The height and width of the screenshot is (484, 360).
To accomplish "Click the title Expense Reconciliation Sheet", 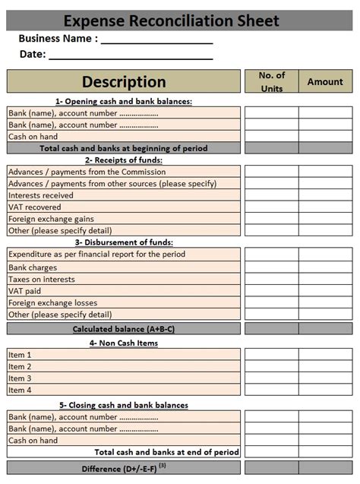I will tap(171, 21).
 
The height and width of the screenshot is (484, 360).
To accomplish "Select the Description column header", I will tap(124, 81).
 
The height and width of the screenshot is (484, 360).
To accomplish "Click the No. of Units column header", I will tap(271, 81).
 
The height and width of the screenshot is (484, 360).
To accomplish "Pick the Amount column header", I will tap(325, 81).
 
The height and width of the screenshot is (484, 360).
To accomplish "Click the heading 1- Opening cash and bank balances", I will tap(124, 101).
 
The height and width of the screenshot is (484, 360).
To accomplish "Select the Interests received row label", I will tap(41, 195).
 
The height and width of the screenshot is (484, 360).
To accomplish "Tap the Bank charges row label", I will tap(33, 267).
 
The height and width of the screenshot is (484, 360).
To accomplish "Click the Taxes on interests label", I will tap(42, 279).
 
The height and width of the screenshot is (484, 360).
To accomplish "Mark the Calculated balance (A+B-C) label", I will tap(124, 329).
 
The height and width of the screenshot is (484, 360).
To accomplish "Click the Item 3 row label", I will tap(20, 378).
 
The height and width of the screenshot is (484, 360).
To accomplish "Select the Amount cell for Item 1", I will tap(325, 355).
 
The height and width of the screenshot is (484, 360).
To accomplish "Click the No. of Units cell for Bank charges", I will tap(271, 267).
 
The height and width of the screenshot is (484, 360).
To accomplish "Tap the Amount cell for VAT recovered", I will tap(325, 207).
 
